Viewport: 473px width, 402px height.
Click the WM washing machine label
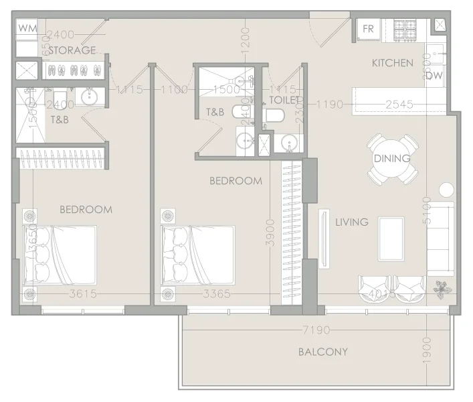(27, 28)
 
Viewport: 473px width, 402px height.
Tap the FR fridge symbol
(369, 29)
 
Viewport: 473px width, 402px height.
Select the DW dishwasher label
(434, 76)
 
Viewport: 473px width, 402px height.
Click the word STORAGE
(72, 50)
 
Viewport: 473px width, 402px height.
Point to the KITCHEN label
(393, 63)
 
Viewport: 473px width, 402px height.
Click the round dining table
(391, 159)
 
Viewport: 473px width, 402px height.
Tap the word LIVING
(352, 222)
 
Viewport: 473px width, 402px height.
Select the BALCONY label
(323, 352)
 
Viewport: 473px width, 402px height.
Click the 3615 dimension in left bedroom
(82, 293)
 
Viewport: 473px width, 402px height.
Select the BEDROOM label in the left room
(86, 209)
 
